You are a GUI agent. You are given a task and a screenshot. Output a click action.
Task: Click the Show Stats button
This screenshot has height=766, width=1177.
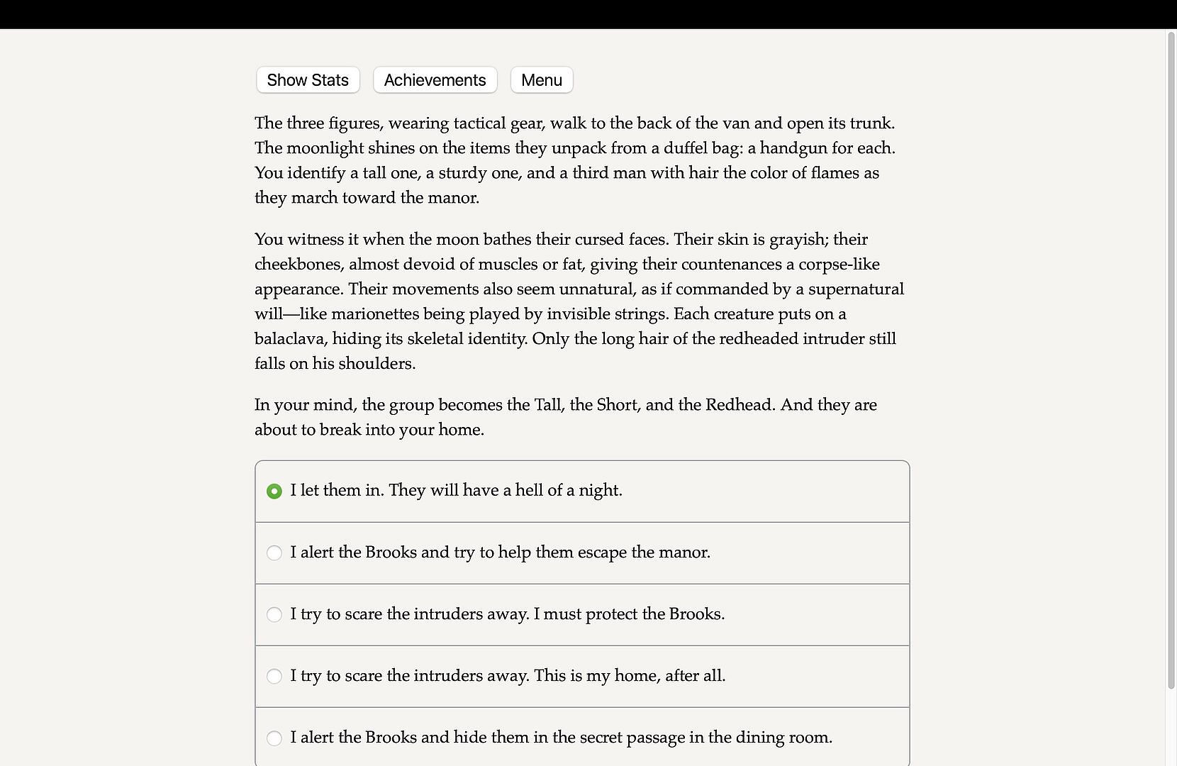click(308, 80)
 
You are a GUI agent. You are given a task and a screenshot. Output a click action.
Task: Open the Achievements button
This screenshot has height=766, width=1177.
click(435, 80)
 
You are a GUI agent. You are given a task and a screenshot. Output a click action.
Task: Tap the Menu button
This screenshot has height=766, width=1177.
click(542, 80)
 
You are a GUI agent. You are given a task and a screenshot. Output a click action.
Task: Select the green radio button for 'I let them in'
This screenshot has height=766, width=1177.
click(274, 491)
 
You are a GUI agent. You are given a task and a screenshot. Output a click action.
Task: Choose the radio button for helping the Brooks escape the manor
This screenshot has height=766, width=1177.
click(274, 553)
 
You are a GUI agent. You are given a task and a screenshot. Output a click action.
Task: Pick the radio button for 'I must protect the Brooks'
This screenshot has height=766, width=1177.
click(274, 614)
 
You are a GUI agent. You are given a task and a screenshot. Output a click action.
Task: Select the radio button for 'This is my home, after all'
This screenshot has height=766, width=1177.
click(274, 676)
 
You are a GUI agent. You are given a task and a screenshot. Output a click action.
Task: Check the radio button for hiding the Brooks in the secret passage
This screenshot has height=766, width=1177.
click(274, 738)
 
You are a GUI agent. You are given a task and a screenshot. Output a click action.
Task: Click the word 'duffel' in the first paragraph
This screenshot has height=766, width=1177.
click(687, 148)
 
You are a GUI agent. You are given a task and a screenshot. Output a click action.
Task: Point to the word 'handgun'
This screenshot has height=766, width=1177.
click(793, 148)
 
